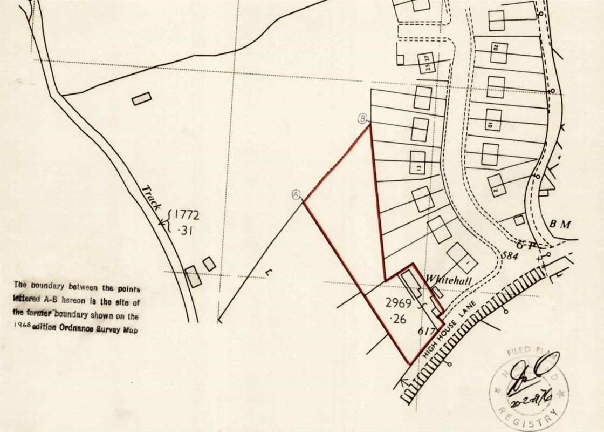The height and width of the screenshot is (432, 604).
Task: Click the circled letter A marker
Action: (296, 194)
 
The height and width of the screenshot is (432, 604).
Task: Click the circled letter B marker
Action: (363, 118)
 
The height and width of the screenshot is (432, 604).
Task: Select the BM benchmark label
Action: (560, 224)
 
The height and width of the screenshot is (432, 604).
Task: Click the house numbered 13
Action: (418, 162)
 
